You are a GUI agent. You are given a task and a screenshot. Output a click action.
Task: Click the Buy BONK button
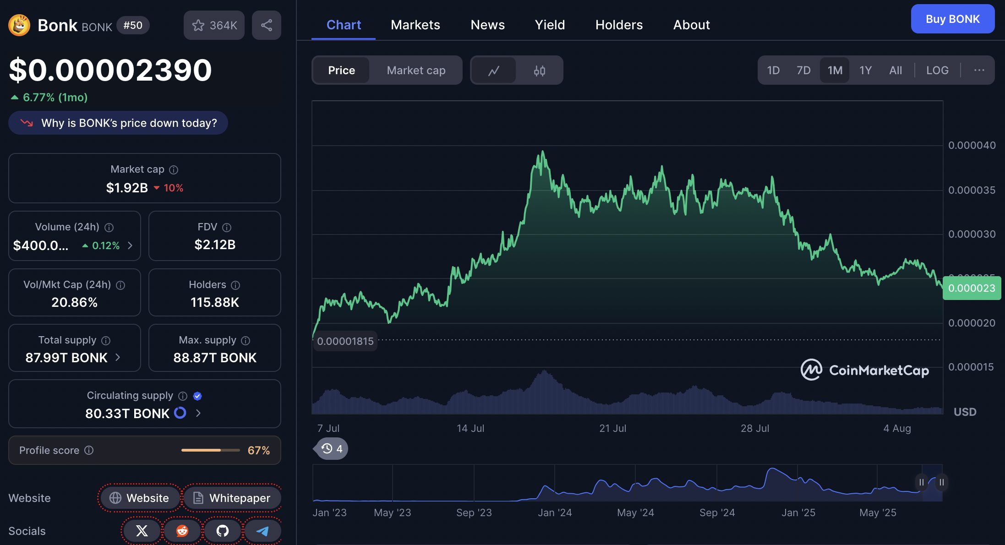[952, 19]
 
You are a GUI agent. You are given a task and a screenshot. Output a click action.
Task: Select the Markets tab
[415, 25]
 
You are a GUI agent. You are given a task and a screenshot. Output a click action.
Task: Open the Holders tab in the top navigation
[619, 25]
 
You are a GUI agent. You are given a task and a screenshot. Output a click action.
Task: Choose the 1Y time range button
[865, 71]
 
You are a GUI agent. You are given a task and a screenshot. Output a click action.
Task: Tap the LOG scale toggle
[937, 71]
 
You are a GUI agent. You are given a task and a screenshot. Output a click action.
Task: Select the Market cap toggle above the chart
[416, 71]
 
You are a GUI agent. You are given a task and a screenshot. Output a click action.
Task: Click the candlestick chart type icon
[539, 71]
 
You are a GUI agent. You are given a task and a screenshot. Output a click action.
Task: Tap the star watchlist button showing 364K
[214, 25]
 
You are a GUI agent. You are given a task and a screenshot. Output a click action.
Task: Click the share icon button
[267, 25]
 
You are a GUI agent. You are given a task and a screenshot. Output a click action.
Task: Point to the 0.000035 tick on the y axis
[972, 190]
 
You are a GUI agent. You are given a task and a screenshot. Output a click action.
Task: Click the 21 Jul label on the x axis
[612, 428]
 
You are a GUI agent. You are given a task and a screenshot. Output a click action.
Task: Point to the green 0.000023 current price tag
[972, 288]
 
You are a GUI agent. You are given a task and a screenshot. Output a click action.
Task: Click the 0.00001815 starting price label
[345, 341]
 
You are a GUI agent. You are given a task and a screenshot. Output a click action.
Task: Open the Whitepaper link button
[232, 498]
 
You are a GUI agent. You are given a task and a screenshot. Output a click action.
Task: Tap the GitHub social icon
[223, 531]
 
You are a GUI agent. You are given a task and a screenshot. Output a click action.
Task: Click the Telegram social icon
[262, 531]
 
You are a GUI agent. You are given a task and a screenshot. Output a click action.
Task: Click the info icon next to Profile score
[89, 450]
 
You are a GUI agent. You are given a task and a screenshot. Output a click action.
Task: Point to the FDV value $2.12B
[215, 245]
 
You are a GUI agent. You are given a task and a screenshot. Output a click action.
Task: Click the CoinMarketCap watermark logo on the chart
[864, 370]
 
